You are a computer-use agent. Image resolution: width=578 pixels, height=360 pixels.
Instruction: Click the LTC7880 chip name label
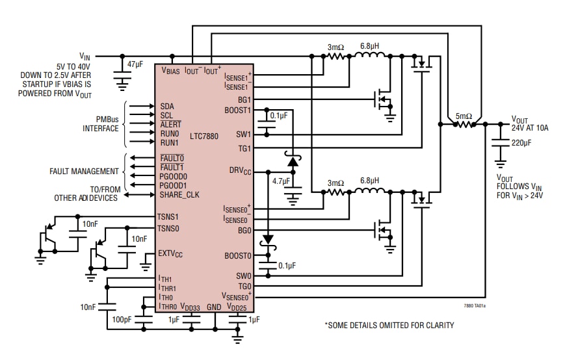coord(205,136)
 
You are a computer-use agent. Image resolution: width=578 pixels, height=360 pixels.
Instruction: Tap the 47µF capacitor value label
coord(135,64)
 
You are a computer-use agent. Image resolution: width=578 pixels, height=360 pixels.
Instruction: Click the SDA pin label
coord(166,105)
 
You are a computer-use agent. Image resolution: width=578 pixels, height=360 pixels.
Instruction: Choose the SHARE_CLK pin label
coord(180,194)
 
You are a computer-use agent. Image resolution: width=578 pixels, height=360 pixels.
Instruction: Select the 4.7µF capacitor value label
coord(282,181)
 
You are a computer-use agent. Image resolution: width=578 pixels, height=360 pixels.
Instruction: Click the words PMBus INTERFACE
coord(100,123)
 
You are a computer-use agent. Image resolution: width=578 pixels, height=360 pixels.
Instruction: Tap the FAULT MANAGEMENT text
coord(84,172)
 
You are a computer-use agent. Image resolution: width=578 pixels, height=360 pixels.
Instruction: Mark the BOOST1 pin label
coord(237,110)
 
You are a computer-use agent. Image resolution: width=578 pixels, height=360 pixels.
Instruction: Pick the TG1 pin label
coord(244,148)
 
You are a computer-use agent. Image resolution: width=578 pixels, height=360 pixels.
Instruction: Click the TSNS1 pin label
coord(168,216)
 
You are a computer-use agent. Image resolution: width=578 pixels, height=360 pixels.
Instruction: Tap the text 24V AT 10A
coord(530,128)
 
